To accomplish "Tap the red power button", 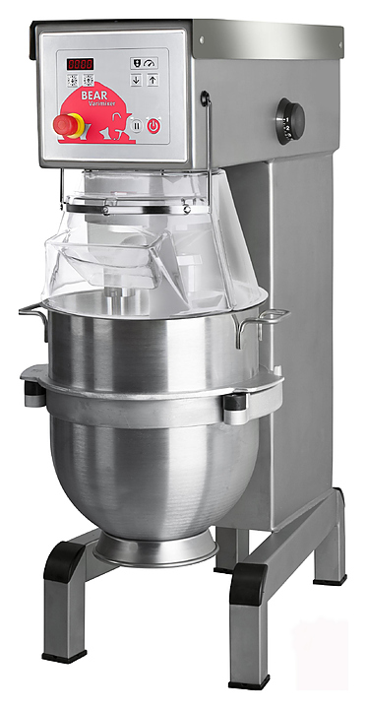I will coord(153,125).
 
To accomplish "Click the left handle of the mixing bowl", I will coord(33,314).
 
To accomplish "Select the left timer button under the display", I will coord(72,80).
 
